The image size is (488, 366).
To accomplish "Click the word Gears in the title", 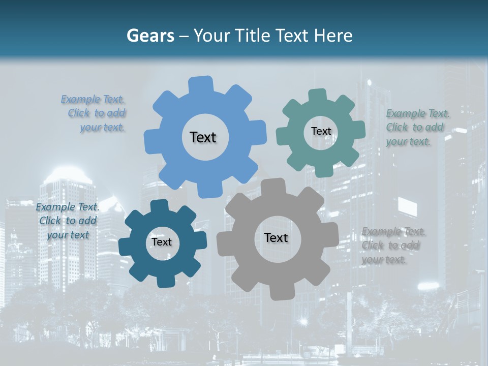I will pyautogui.click(x=150, y=36).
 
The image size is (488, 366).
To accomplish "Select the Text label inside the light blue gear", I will pyautogui.click(x=203, y=137).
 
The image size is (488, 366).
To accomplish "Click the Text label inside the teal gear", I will pyautogui.click(x=321, y=131).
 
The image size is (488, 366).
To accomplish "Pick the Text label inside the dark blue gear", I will pyautogui.click(x=162, y=242).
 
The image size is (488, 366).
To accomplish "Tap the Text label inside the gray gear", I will pyautogui.click(x=276, y=237).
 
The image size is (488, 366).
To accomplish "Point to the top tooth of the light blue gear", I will pyautogui.click(x=201, y=84).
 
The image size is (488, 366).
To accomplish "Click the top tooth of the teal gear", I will pyautogui.click(x=318, y=95).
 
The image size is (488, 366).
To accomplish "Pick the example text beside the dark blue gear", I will pyautogui.click(x=67, y=221).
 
